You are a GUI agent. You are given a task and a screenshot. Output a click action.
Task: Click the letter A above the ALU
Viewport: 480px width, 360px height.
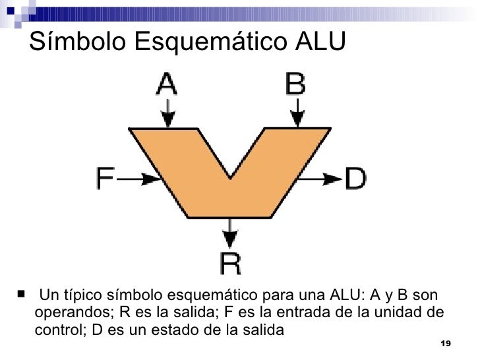tap(166, 84)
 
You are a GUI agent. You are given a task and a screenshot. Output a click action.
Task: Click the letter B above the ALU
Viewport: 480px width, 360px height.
tap(295, 84)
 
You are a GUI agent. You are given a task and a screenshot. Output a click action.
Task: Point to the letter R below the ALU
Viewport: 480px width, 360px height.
tap(230, 264)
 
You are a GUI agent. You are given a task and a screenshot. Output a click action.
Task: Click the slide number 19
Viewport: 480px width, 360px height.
tap(444, 345)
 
